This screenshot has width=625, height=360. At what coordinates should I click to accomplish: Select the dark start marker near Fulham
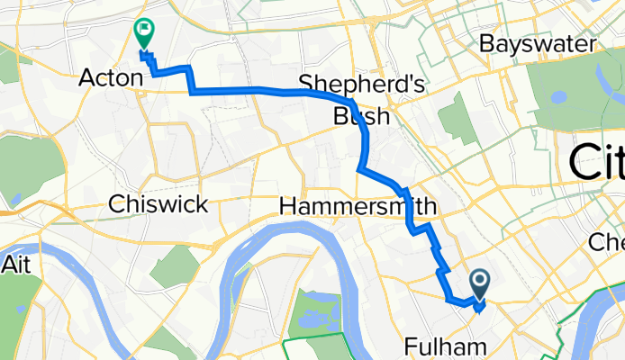coord(479,285)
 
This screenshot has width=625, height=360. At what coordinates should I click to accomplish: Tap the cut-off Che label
coord(605,242)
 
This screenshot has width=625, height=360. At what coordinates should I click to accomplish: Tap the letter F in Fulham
coord(410,346)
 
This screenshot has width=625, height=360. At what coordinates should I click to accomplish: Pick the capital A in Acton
coord(86,78)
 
